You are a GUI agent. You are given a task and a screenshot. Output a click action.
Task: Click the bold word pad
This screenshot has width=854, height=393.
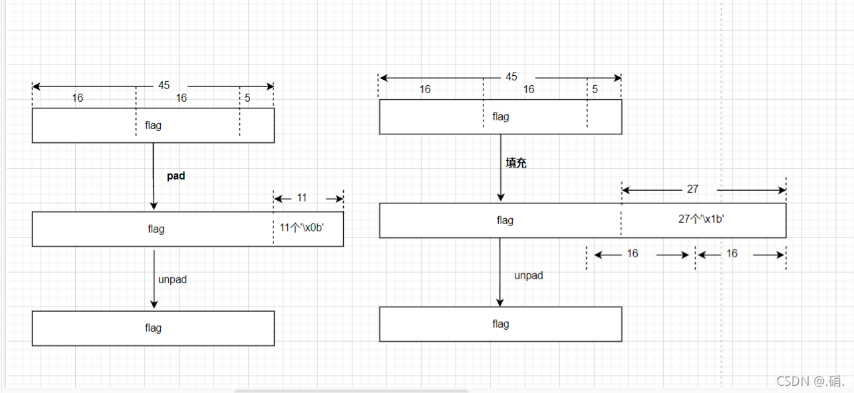176,176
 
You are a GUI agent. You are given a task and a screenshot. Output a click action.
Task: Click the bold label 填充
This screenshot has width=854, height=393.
516,163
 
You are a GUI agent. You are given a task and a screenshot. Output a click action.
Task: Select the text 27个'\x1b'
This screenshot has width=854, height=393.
701,219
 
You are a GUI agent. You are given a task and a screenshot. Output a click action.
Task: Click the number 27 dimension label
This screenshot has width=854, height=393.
692,190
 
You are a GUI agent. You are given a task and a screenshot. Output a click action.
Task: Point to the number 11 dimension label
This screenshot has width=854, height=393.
302,198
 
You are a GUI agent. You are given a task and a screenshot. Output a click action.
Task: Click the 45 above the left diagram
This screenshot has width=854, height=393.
164,86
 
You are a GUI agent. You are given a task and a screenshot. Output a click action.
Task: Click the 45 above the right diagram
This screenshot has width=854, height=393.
511,77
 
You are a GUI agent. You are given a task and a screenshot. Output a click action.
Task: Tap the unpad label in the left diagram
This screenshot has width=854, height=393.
172,279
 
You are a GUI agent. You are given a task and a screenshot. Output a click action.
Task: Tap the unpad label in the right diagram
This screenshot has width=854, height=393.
529,275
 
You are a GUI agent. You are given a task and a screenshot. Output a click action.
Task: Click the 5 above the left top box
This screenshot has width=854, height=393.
247,98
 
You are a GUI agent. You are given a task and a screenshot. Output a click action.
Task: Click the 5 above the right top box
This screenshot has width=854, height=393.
595,89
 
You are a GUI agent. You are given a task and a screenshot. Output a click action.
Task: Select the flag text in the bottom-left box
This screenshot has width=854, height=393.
153,328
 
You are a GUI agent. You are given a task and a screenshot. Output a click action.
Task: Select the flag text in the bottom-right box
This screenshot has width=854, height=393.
501,324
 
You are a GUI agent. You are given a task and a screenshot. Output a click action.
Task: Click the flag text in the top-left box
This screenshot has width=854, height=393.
153,125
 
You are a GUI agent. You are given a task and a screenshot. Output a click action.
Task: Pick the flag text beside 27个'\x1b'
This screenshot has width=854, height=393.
505,220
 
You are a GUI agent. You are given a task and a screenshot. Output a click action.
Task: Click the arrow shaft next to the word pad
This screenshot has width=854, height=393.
153,176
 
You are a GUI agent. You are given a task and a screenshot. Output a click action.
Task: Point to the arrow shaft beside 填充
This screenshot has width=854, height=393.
500,166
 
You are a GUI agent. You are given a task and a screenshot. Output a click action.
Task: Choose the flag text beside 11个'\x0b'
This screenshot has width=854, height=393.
156,229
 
